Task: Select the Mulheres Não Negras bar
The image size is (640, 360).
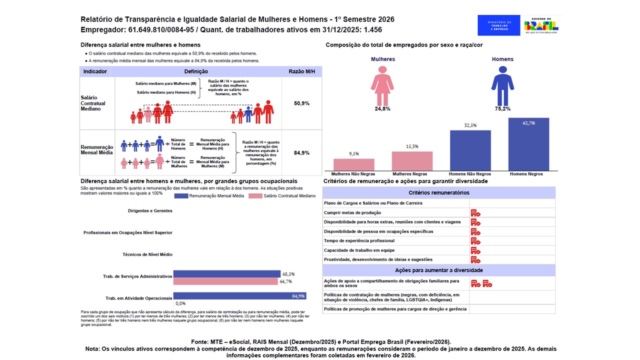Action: click(354, 164)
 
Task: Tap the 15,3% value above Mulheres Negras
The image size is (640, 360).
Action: click(412, 146)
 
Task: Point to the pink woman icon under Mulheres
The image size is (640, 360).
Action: click(382, 83)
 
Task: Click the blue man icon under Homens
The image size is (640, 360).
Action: click(502, 83)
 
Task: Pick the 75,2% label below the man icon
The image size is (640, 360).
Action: click(502, 108)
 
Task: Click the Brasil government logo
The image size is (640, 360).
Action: click(541, 25)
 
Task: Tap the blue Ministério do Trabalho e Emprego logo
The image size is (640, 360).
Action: click(498, 25)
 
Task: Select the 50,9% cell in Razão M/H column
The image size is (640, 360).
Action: click(301, 103)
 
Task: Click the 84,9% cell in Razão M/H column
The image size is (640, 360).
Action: click(301, 153)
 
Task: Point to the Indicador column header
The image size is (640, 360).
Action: click(95, 71)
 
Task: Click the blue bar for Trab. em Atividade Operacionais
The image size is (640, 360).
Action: click(239, 296)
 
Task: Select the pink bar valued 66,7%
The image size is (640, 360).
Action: click(225, 281)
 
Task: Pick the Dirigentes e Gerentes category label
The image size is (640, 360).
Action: click(150, 211)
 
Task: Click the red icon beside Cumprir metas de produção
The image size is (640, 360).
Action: click(475, 213)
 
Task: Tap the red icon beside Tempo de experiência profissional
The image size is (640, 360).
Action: click(475, 241)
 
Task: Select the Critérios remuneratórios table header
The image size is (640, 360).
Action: click(438, 192)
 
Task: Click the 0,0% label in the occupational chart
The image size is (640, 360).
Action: click(180, 303)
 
